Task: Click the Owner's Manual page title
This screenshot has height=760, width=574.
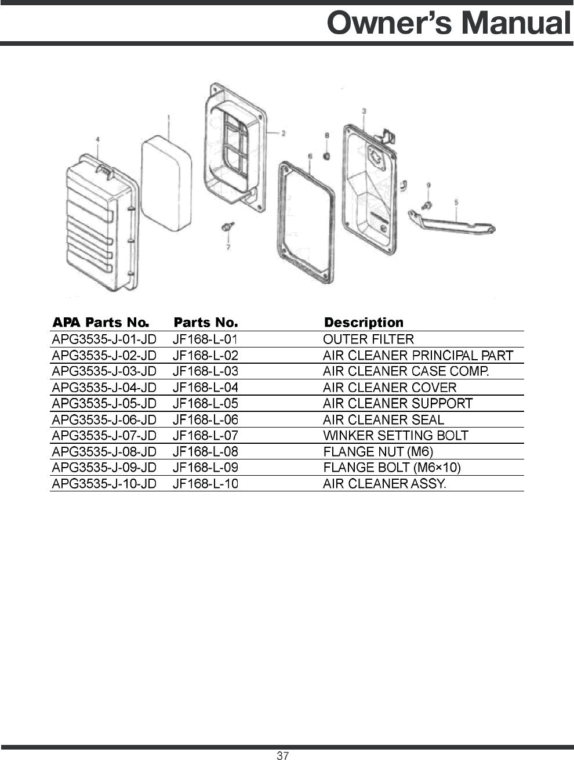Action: [x=449, y=23]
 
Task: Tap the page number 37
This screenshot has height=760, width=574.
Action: [x=282, y=755]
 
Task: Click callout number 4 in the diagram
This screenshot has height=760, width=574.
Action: [x=97, y=140]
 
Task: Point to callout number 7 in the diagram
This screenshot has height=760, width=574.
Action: [x=228, y=247]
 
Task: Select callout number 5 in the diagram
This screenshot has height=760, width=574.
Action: [x=456, y=202]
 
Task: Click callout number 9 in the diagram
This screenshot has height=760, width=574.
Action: [x=428, y=185]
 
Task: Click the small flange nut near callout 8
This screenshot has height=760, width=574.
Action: [x=327, y=156]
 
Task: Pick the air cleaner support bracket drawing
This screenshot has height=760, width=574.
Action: [x=452, y=223]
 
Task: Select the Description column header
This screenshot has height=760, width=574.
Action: [x=364, y=323]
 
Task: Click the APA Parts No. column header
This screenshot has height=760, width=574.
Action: [x=101, y=323]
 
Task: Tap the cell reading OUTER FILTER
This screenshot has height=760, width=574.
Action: [x=368, y=339]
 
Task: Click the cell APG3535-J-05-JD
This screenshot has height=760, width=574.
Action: [x=104, y=403]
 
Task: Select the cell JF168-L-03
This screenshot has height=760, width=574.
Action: [x=205, y=371]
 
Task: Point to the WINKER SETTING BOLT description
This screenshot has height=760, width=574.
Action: [x=395, y=436]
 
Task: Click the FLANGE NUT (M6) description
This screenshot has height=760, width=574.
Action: [x=378, y=451]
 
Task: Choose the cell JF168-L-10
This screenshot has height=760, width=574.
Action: [x=205, y=483]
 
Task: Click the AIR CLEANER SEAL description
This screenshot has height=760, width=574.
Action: [x=383, y=419]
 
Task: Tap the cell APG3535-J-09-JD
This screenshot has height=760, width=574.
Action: [x=104, y=468]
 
